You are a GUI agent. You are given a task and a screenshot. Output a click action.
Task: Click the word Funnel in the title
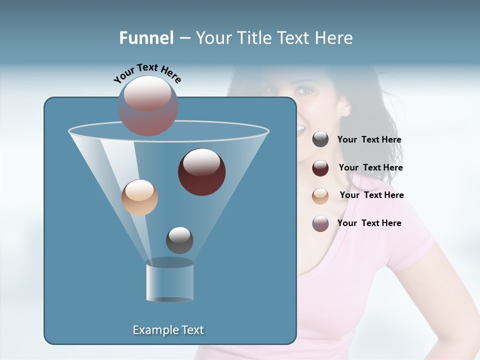point(146,38)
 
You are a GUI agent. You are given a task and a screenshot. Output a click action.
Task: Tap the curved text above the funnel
point(147,73)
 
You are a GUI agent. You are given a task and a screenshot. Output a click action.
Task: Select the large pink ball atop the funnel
point(148,105)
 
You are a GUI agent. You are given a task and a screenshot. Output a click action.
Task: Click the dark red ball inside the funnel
point(201,171)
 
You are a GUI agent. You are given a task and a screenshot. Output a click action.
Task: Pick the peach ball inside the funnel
point(139,197)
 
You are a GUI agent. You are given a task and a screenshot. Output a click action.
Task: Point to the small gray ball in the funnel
point(179,240)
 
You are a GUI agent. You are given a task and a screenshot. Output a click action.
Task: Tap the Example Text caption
point(168,330)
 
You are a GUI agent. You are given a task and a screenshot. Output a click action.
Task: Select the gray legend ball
point(320,139)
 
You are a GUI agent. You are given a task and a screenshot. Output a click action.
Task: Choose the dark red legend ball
point(320,168)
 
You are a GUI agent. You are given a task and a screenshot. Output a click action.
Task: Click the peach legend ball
point(320,195)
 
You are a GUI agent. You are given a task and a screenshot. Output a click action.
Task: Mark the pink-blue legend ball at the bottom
point(320,223)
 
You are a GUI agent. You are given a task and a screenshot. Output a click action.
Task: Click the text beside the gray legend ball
point(369,140)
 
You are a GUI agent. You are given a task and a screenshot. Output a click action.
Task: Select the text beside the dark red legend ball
point(370,168)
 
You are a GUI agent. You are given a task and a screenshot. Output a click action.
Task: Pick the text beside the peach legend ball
point(371,195)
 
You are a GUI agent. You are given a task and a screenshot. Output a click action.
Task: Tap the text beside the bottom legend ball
point(369,223)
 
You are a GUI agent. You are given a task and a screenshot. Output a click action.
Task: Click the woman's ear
point(344,106)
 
